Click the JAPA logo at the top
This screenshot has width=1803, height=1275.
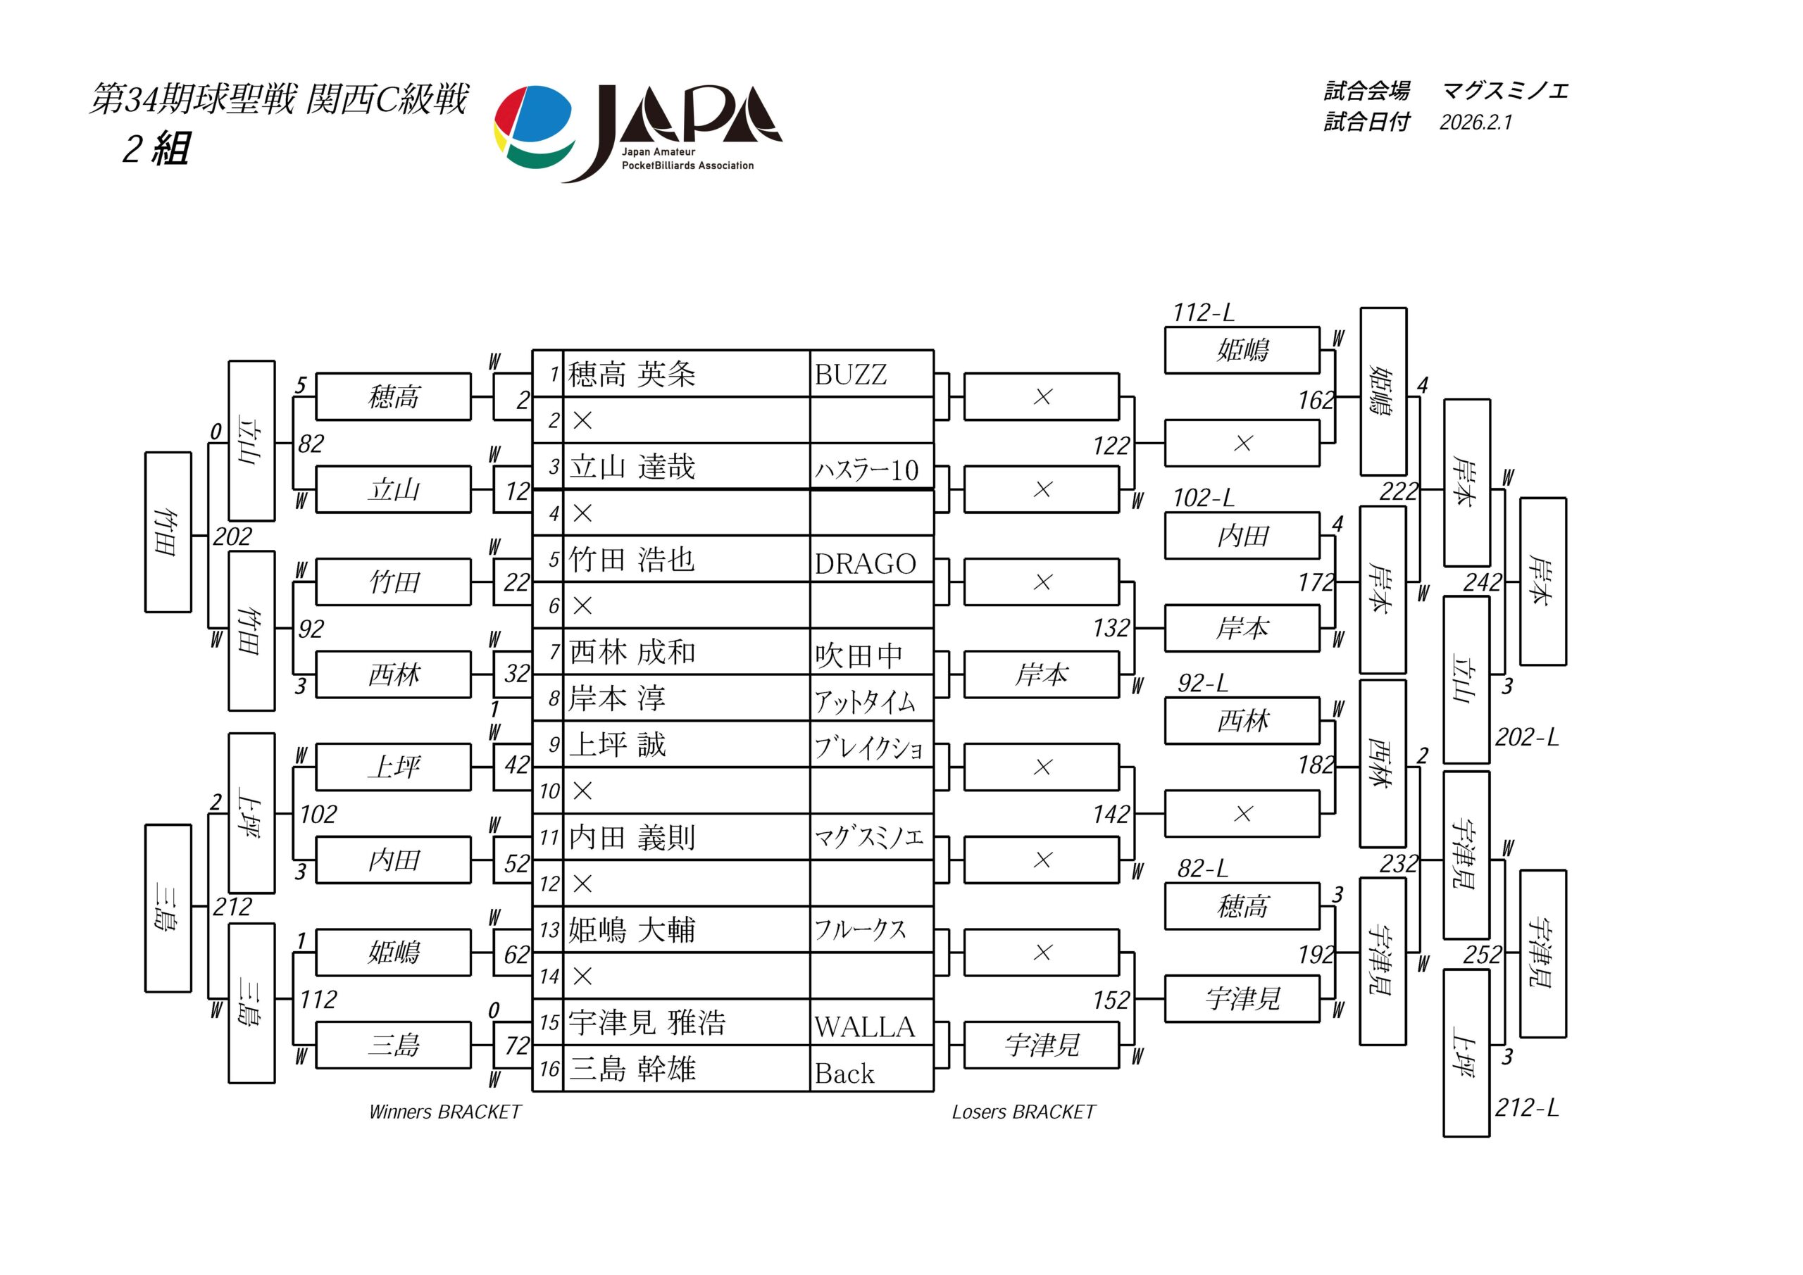637,132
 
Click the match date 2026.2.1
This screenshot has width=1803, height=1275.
1475,123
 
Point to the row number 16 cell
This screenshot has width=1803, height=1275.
549,1069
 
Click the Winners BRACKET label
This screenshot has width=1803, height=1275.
444,1112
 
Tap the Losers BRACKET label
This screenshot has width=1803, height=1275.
1023,1112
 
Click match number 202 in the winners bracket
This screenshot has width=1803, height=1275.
232,536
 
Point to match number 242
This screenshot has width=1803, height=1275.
1482,582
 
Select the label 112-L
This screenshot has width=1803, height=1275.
1203,313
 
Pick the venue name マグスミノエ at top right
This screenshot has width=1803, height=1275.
1504,91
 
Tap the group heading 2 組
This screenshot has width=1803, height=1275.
156,148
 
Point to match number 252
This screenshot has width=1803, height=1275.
1482,955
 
